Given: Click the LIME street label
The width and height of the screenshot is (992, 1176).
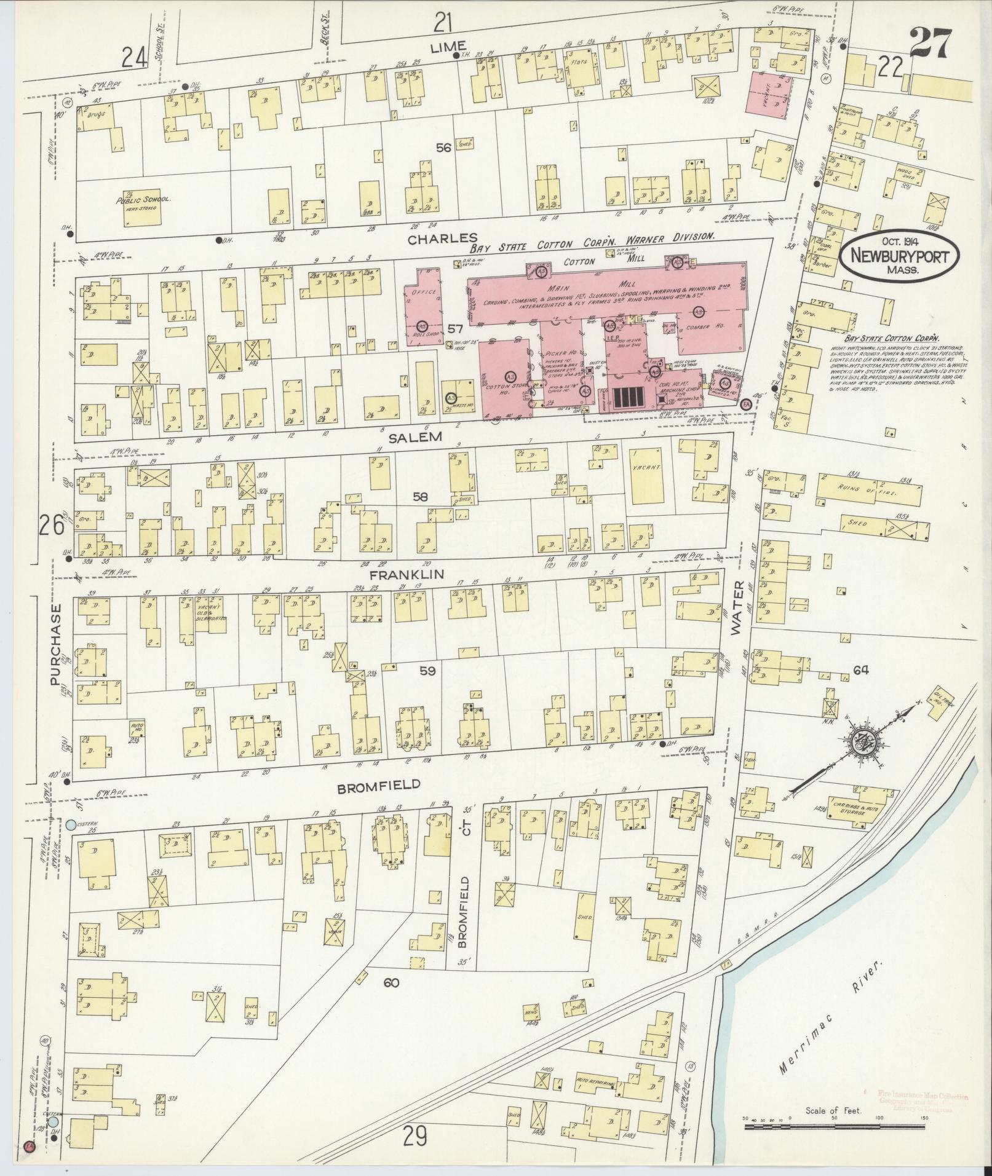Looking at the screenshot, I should [448, 47].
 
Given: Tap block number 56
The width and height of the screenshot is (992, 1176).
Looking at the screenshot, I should [443, 148].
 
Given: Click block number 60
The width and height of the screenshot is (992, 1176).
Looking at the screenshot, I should [391, 982].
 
